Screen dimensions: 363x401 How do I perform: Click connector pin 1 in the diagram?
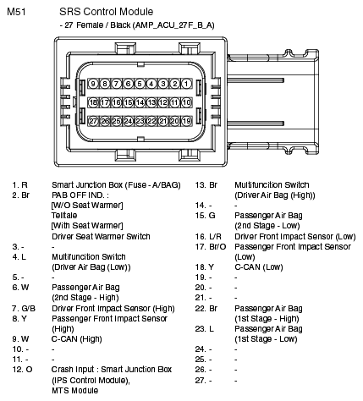pyautogui.click(x=186, y=84)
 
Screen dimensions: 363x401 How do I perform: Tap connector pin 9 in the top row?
pyautogui.click(x=93, y=84)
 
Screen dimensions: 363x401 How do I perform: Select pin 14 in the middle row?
pyautogui.click(x=140, y=102)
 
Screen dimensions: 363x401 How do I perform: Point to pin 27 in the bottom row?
pyautogui.click(x=93, y=121)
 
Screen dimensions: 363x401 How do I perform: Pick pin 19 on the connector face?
pyautogui.click(x=186, y=121)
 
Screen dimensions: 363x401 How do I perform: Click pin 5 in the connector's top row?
pyautogui.click(x=140, y=84)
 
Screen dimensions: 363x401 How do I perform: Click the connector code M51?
pyautogui.click(x=16, y=12)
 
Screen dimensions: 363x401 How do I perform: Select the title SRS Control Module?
pyautogui.click(x=106, y=12)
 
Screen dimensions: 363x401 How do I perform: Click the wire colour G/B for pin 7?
pyautogui.click(x=29, y=308)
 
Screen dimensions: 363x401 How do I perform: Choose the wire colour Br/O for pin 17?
pyautogui.click(x=217, y=247)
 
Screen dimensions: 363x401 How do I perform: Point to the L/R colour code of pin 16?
pyautogui.click(x=215, y=237)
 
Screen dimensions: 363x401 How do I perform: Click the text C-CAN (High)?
pyautogui.click(x=76, y=339)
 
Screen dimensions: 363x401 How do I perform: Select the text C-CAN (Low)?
pyautogui.click(x=259, y=267)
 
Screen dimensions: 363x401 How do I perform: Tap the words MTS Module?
pyautogui.click(x=75, y=391)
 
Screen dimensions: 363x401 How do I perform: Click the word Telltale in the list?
pyautogui.click(x=64, y=216)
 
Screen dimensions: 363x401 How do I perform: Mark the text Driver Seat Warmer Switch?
pyautogui.click(x=101, y=236)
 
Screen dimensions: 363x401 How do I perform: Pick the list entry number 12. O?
pyautogui.click(x=22, y=370)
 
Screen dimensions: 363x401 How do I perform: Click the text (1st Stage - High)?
pyautogui.click(x=267, y=319)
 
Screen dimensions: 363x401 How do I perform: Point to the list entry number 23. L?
pyautogui.click(x=205, y=329)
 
